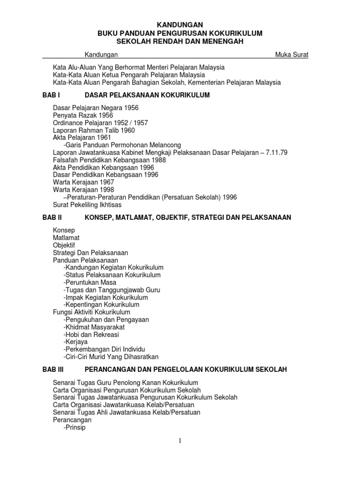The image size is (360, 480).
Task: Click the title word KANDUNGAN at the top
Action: [x=180, y=24]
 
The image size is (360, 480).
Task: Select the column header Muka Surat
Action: [x=292, y=55]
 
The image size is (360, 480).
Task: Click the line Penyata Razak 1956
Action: [x=83, y=115]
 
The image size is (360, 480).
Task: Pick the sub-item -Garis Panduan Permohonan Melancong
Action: [x=122, y=145]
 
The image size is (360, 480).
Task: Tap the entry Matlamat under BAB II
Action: [x=66, y=238]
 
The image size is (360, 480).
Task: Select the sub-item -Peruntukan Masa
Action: [x=90, y=283]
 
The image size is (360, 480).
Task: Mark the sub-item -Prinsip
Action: [x=75, y=427]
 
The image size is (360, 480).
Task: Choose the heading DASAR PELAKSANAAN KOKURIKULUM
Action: [x=147, y=95]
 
